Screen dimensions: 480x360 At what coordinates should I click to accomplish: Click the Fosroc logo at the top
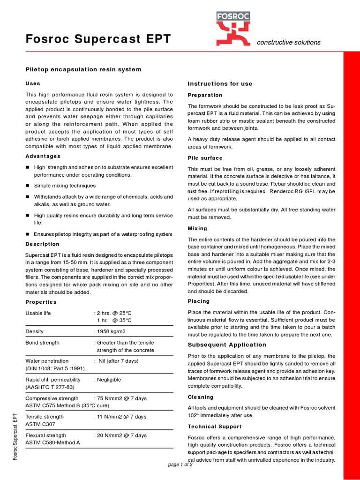tap(233, 30)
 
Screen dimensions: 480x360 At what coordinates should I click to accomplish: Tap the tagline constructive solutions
tap(288, 42)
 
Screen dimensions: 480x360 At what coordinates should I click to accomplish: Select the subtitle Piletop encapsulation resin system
tap(83, 69)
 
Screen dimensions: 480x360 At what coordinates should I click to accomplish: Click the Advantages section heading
tap(43, 156)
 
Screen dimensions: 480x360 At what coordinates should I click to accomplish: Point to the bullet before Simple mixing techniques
tap(28, 186)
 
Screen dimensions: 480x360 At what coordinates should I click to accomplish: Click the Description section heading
tap(42, 244)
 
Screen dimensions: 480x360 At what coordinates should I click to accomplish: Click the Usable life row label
tap(38, 313)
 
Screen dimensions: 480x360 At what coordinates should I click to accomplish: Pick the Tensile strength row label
tap(45, 417)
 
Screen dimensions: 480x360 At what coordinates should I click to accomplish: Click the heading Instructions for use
tap(220, 83)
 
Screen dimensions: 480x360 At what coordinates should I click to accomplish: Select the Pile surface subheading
tap(205, 158)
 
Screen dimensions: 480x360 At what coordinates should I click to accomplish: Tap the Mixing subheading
tap(197, 228)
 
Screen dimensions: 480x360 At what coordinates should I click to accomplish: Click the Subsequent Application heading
tap(227, 345)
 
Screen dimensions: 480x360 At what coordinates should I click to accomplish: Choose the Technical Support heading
tap(215, 427)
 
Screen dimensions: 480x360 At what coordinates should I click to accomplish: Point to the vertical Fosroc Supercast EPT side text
tap(15, 436)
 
